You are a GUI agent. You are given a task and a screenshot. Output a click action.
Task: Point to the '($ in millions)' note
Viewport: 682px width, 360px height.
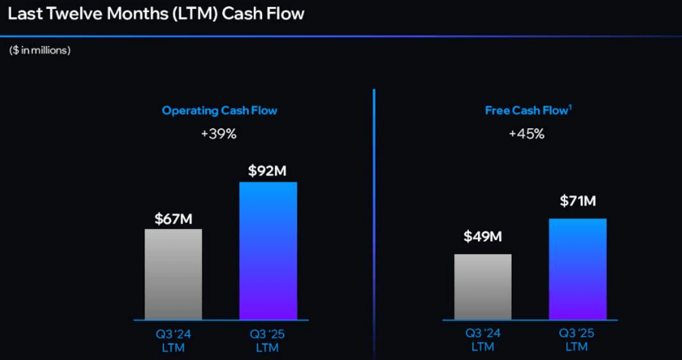coord(40,50)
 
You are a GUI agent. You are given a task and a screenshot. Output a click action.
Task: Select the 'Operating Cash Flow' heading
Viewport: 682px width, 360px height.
coord(220,111)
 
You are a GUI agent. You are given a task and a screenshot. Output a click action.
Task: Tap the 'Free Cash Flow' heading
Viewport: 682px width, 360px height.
coord(526,111)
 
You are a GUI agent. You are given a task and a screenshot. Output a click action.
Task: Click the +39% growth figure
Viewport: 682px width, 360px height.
coord(219,134)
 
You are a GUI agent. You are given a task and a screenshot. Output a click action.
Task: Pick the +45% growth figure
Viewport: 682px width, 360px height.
coord(526,134)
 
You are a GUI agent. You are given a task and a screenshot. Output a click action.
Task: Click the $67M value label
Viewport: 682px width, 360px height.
coord(174,219)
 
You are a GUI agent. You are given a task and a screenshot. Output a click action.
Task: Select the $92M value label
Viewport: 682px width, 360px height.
coord(267,171)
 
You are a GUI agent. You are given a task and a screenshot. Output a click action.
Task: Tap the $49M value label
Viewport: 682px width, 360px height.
coord(483,237)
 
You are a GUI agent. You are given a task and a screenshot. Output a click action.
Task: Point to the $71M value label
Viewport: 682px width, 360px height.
coord(577,201)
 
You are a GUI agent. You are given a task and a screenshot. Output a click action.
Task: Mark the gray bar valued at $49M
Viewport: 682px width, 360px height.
coord(483,286)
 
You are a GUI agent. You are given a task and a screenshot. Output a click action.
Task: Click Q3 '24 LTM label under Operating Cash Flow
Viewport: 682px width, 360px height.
coord(173,340)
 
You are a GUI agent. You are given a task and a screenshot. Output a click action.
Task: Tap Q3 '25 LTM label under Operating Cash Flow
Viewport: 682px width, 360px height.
coord(267,340)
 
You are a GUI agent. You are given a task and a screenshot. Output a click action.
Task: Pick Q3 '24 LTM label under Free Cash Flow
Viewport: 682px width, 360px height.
coord(483,340)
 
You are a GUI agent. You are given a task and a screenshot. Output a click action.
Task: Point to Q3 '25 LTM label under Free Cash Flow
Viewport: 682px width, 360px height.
coord(577,340)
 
